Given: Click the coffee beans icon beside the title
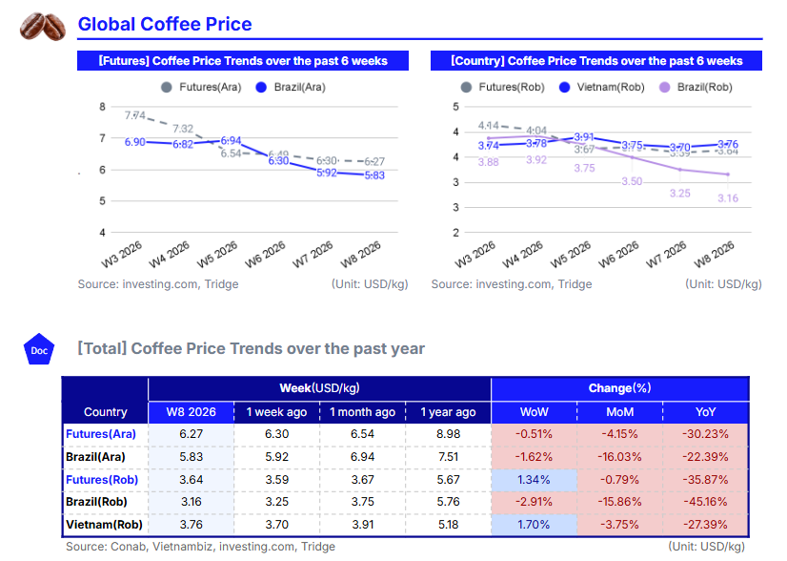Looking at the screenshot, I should [43, 26].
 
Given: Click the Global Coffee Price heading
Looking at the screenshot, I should [165, 25].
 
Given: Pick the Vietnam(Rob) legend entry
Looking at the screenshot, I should [604, 87].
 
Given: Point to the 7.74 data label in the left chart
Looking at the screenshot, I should [134, 115].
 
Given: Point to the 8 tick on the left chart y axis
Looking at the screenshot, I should [102, 107].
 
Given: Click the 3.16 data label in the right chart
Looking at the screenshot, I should [727, 197].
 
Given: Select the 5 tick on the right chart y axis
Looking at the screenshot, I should [455, 107].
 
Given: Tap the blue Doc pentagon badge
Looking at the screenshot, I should [39, 350].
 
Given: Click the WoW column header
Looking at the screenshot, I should [534, 412].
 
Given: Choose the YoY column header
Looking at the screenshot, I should [706, 412].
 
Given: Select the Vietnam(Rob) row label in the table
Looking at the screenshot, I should [104, 523].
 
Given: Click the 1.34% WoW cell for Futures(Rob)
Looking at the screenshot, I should [534, 479].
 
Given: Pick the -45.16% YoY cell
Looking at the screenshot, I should [706, 501].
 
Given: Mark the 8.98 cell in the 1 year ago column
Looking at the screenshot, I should [448, 434].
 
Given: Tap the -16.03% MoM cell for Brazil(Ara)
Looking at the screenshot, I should [619, 457].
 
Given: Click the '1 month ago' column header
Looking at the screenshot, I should [362, 412].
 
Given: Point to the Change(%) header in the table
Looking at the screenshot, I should [619, 388].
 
